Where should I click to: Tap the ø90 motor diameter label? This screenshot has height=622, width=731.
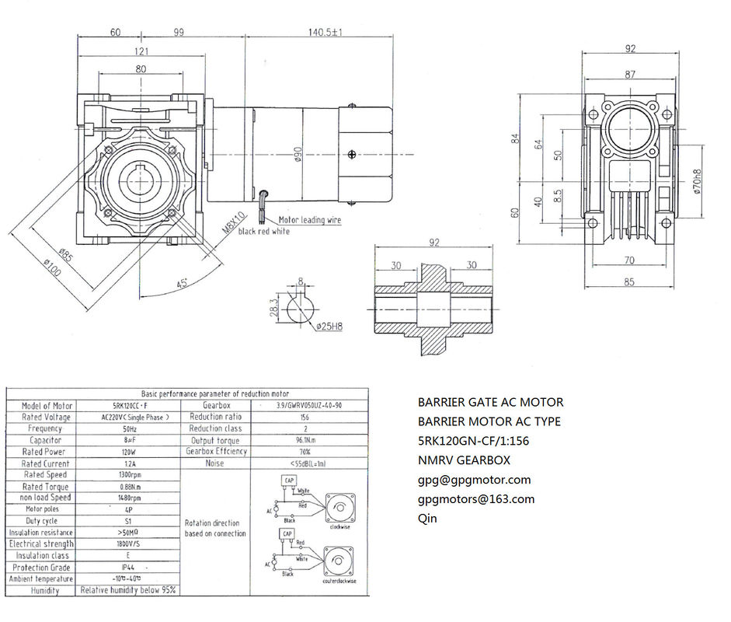tap(298, 157)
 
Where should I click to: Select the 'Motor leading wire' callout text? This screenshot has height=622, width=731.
tap(309, 220)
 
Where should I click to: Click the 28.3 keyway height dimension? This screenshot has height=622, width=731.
tap(273, 309)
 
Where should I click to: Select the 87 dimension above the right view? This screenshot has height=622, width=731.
tap(629, 75)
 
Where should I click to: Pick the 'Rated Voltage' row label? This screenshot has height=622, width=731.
tap(47, 417)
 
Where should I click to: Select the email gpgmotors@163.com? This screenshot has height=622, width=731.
tap(476, 499)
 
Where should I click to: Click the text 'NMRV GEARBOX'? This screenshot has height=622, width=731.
tap(463, 460)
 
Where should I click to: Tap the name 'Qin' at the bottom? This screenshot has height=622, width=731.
tap(427, 518)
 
